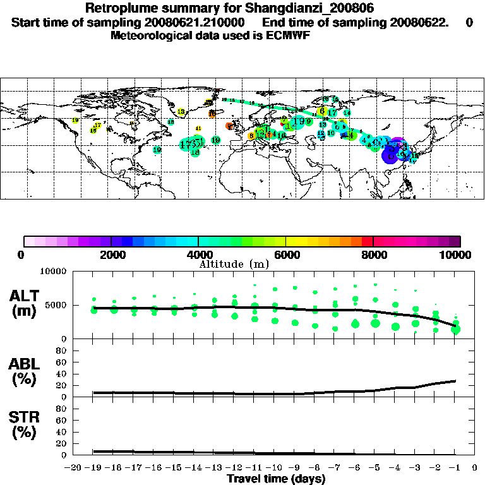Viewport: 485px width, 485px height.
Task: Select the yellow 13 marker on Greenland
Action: (x=181, y=112)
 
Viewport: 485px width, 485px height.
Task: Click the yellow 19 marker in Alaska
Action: (x=76, y=120)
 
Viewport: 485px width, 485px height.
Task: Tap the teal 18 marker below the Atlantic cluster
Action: (x=195, y=152)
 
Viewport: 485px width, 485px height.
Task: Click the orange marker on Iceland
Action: (x=212, y=114)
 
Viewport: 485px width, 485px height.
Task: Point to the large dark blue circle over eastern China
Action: (x=391, y=154)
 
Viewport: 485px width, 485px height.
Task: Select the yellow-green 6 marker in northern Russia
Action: (x=322, y=111)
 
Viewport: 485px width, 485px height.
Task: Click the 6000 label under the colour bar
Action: (x=285, y=254)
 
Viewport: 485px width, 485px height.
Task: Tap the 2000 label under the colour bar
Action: (x=111, y=254)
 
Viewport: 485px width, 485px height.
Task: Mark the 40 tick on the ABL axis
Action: (x=62, y=373)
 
